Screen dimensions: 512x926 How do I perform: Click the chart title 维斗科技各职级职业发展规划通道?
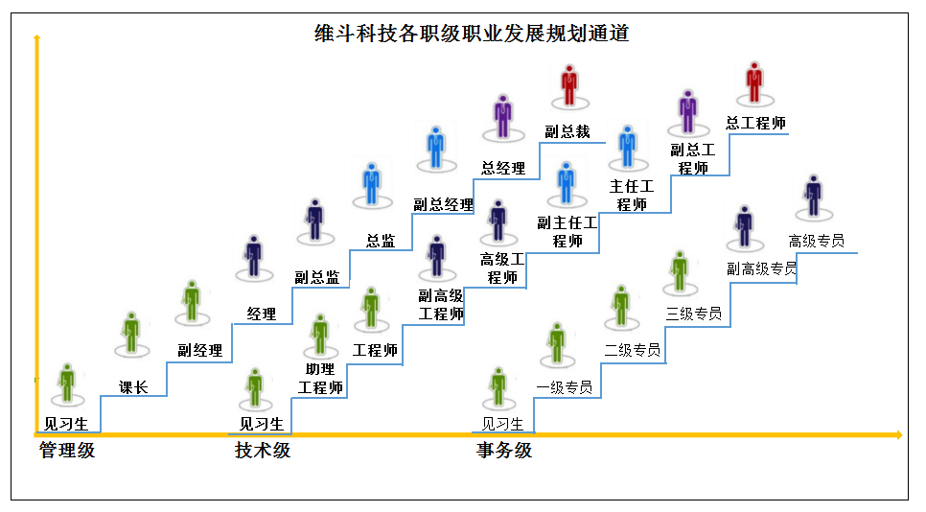pyautogui.click(x=472, y=34)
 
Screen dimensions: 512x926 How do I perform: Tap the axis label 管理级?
pyautogui.click(x=67, y=450)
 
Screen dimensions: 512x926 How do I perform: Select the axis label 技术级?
pyautogui.click(x=263, y=450)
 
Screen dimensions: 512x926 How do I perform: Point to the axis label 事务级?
pyautogui.click(x=504, y=450)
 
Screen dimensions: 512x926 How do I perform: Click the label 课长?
pyautogui.click(x=133, y=387)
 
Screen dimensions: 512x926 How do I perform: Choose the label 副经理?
pyautogui.click(x=200, y=350)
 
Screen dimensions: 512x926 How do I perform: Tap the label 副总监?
pyautogui.click(x=317, y=277)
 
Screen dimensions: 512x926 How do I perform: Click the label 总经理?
pyautogui.click(x=503, y=168)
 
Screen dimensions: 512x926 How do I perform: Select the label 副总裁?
pyautogui.click(x=567, y=131)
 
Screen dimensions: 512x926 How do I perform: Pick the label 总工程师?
pyautogui.click(x=755, y=123)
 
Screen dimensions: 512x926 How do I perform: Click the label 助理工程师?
pyautogui.click(x=320, y=379)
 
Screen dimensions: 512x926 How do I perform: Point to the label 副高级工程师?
pyautogui.click(x=441, y=305)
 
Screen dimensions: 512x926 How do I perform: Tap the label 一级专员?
pyautogui.click(x=564, y=387)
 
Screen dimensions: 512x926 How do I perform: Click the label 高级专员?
pyautogui.click(x=816, y=241)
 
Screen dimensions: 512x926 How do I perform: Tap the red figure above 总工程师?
pyautogui.click(x=754, y=82)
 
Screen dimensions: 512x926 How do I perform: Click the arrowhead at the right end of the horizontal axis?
pyautogui.click(x=897, y=435)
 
